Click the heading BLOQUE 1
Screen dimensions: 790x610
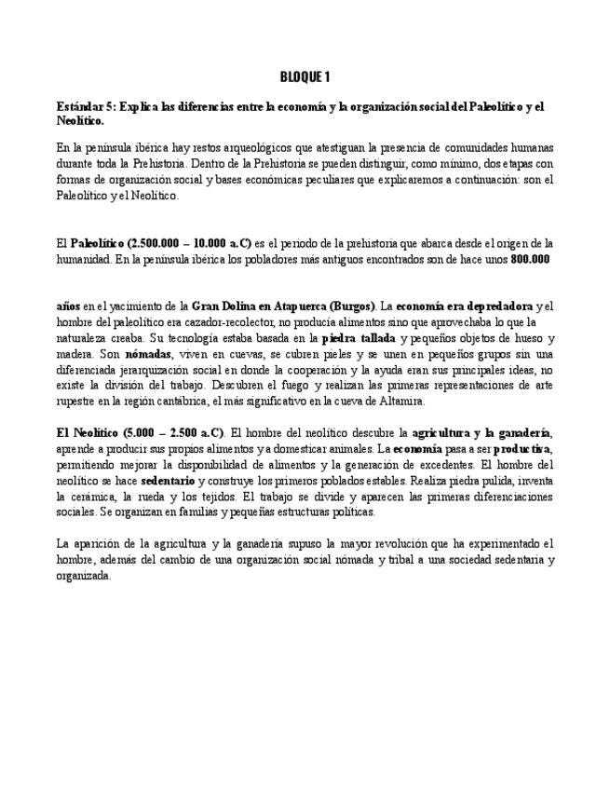305,76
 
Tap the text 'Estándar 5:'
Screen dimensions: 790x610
87,107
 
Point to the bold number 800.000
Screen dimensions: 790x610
530,260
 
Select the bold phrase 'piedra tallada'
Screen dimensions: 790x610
359,338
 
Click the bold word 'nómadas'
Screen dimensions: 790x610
148,354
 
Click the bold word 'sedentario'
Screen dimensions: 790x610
168,481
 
